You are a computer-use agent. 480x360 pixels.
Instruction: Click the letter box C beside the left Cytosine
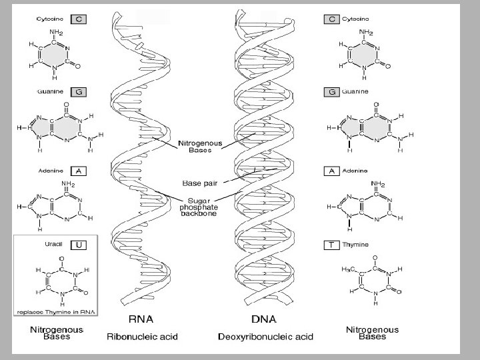click(79, 19)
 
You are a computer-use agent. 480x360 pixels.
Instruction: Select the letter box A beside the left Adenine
click(79, 171)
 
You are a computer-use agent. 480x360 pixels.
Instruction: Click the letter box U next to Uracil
click(79, 245)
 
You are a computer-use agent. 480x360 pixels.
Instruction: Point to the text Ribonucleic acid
click(142, 337)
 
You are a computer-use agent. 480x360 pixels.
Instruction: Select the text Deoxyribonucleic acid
click(265, 337)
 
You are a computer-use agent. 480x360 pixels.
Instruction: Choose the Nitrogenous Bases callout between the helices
click(195, 146)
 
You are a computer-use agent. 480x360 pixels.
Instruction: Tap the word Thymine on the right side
click(355, 245)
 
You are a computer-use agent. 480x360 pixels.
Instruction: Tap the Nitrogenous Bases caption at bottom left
click(57, 333)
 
